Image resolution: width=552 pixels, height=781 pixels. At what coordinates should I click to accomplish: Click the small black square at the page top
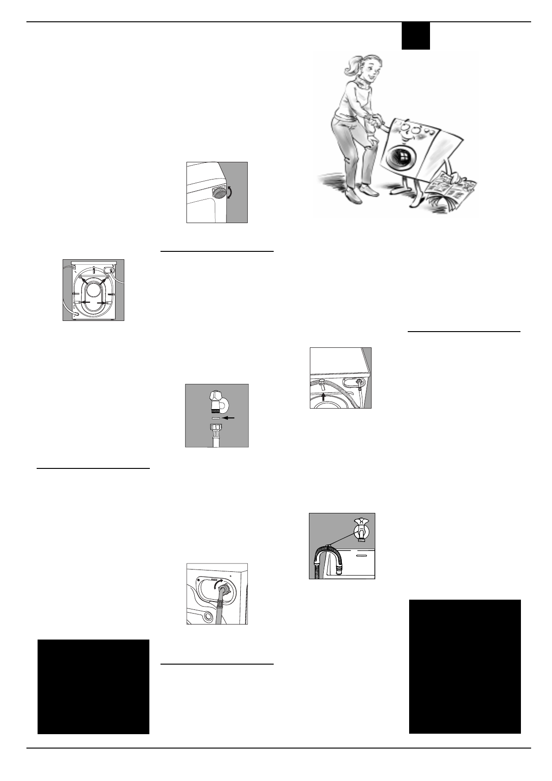[x=415, y=36]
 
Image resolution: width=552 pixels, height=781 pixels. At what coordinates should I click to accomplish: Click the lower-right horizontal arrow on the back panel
[x=102, y=302]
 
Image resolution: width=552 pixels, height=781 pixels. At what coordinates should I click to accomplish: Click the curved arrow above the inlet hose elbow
[x=218, y=583]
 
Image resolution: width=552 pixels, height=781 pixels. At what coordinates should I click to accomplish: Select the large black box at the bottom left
[x=93, y=686]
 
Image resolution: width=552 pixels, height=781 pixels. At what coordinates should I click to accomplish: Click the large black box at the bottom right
[x=464, y=666]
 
